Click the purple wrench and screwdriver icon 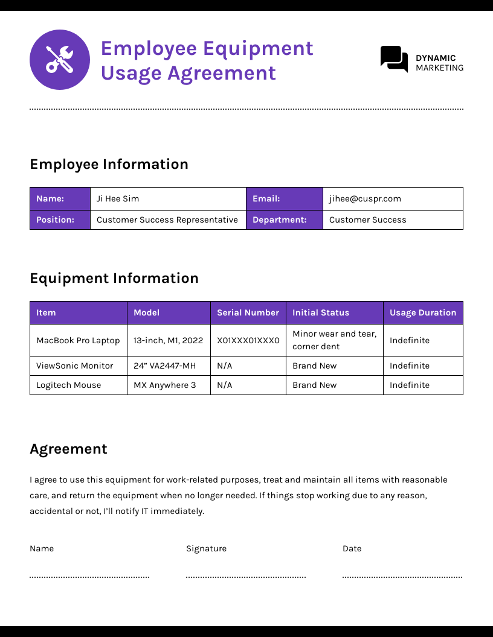click(60, 60)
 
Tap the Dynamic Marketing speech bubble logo click(394, 59)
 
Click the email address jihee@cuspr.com click(365, 198)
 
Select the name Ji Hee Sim click(118, 198)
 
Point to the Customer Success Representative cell click(167, 220)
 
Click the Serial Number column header click(248, 312)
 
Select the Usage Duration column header click(423, 312)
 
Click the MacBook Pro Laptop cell click(78, 340)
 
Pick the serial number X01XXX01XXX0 click(248, 340)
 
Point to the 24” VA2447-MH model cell click(165, 366)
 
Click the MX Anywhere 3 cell click(165, 385)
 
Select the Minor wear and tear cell click(334, 340)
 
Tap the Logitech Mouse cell click(69, 385)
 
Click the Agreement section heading click(68, 449)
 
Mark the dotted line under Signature click(246, 577)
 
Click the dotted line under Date click(402, 577)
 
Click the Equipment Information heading click(114, 278)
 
